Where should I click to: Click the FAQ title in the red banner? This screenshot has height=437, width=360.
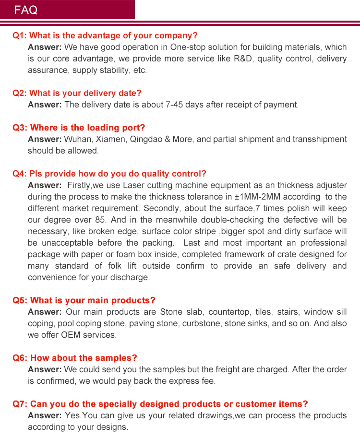(26, 10)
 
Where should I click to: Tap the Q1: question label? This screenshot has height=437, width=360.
(20, 35)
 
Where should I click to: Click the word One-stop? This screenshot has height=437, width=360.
(188, 47)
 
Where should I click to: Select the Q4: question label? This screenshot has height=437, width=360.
(20, 174)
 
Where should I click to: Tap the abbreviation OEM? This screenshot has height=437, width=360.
(70, 335)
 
